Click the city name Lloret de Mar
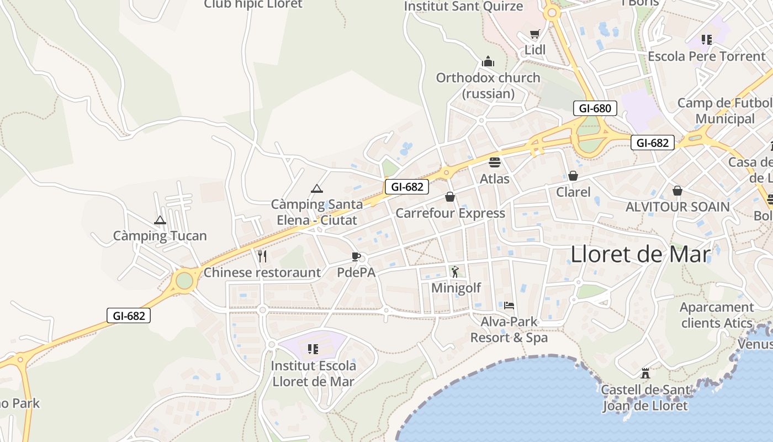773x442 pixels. [x=640, y=254]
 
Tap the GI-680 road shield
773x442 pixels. [x=595, y=108]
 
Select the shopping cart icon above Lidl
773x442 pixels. [x=534, y=34]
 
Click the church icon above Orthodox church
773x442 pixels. [x=488, y=61]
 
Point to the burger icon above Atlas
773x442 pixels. [x=494, y=162]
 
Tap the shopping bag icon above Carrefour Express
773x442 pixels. [x=450, y=197]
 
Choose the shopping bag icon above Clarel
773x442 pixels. [x=573, y=176]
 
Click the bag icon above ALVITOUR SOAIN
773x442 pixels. [x=677, y=191]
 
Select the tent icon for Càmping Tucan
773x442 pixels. [x=160, y=220]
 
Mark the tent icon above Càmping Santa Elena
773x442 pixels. [x=316, y=188]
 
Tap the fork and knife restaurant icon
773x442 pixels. [x=262, y=256]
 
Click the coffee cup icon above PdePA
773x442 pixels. [x=356, y=256]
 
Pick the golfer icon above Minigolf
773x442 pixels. [x=455, y=271]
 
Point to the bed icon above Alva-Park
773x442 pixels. [x=509, y=305]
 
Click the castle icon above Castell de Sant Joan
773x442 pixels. [x=645, y=373]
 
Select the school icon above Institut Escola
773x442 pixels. [x=313, y=349]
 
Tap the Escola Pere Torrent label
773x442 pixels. [x=707, y=56]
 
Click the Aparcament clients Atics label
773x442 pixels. [x=717, y=315]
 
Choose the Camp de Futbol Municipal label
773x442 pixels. [x=724, y=110]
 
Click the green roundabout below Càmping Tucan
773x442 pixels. [x=184, y=281]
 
